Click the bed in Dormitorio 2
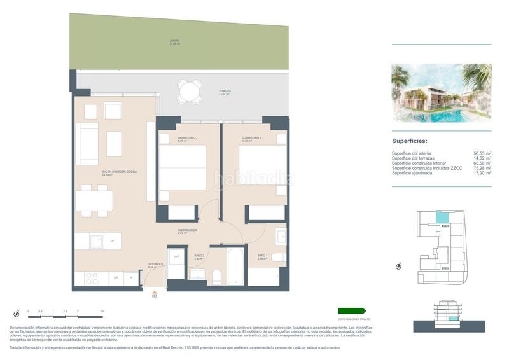coord(183,167)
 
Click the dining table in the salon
coord(94,200)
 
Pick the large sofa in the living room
coord(87,144)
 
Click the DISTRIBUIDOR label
coord(187,230)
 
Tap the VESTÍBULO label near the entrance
coord(155,263)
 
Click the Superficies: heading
coord(409,141)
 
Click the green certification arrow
coord(352,311)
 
